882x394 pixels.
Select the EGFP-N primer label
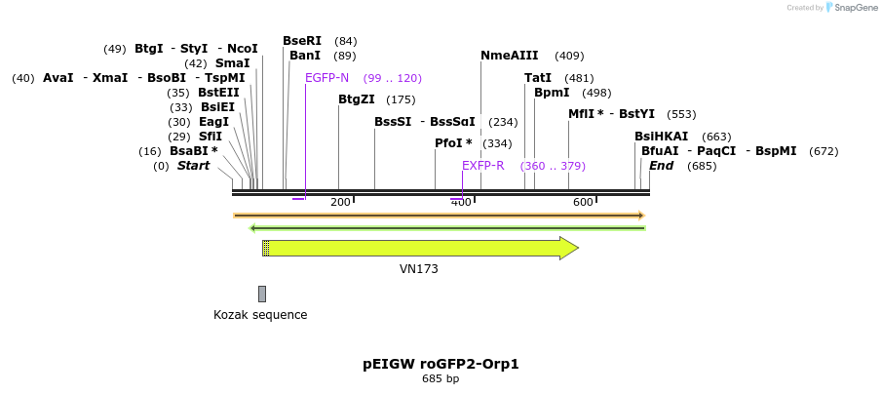[326, 78]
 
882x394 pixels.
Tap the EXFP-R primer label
[482, 166]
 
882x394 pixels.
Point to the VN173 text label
[419, 269]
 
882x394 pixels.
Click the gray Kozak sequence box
[262, 294]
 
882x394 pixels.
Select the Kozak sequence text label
[260, 315]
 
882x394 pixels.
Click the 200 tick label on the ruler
[340, 202]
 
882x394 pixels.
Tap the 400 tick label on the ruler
[461, 202]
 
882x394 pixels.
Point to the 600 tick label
[583, 202]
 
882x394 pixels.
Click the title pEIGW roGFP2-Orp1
[441, 364]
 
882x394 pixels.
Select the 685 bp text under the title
[441, 378]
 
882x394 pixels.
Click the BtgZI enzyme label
[357, 99]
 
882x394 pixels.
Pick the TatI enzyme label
[538, 78]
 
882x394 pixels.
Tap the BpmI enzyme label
[552, 93]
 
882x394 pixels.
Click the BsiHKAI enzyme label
[661, 137]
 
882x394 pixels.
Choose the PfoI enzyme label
[453, 143]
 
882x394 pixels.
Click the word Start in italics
[193, 166]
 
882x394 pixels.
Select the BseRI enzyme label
[302, 41]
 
